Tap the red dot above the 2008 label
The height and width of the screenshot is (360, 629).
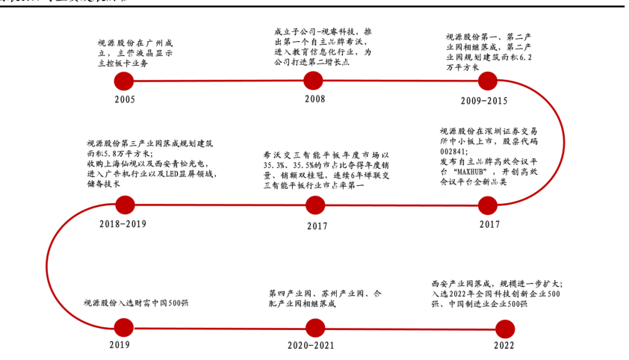[x=314, y=81]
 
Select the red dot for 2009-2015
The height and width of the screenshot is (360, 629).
[x=487, y=81]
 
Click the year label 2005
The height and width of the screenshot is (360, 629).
[x=125, y=99]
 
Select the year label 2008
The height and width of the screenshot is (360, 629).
[x=314, y=98]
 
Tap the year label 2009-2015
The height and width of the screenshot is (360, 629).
[x=483, y=100]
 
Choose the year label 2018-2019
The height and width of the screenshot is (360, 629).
[x=123, y=223]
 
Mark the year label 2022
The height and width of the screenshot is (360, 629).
[x=503, y=346]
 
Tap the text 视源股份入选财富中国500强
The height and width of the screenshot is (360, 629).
[x=136, y=304]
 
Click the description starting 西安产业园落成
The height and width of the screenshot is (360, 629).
[x=497, y=294]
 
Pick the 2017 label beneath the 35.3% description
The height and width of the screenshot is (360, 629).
[x=317, y=224]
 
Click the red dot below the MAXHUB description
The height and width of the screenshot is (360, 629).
[x=487, y=204]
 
